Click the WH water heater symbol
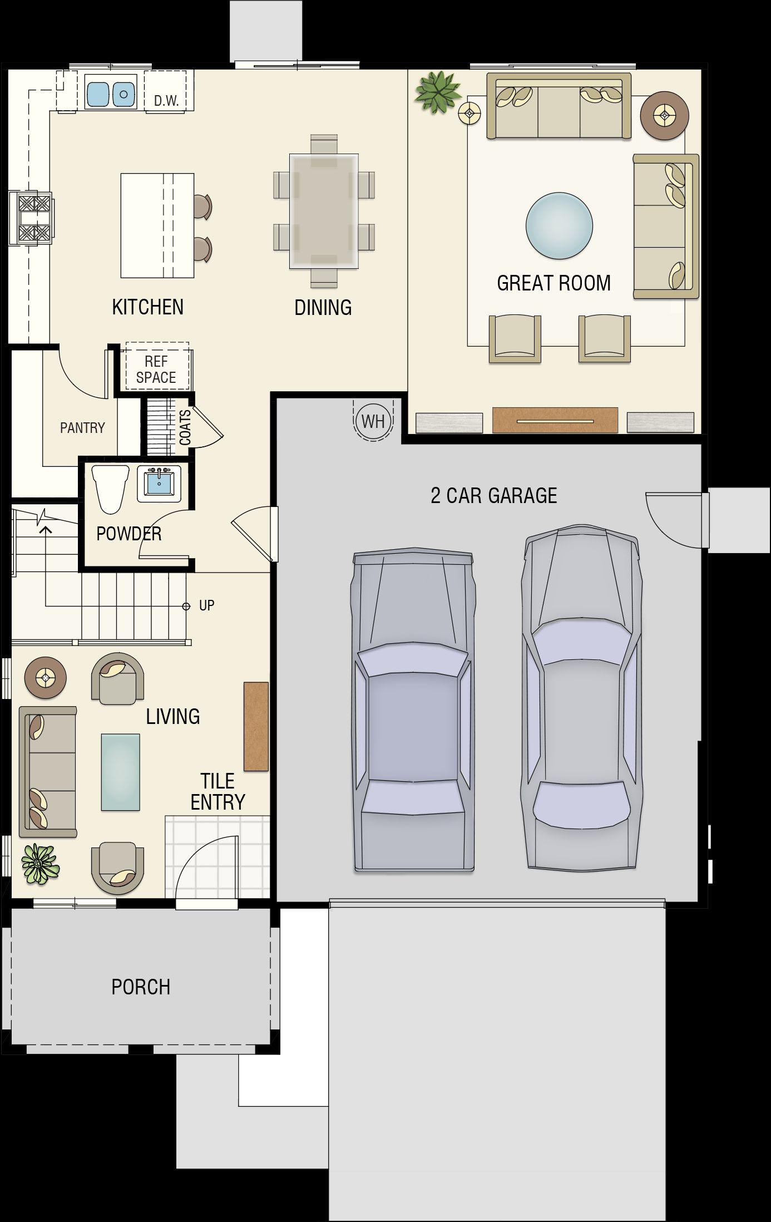coord(373,421)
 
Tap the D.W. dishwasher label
coord(166,101)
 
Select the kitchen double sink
coord(111,91)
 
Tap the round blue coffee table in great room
coord(559,226)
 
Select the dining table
coord(323,211)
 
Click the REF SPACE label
coord(156,369)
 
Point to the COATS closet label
coord(185,427)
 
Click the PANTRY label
coord(82,428)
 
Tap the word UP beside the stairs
coord(206,605)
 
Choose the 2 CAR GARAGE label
coord(494,495)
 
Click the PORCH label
coord(141,987)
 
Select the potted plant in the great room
coord(438,91)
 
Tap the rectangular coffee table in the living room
coord(120,772)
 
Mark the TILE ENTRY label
coord(218,791)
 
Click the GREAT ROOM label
coord(553,283)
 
